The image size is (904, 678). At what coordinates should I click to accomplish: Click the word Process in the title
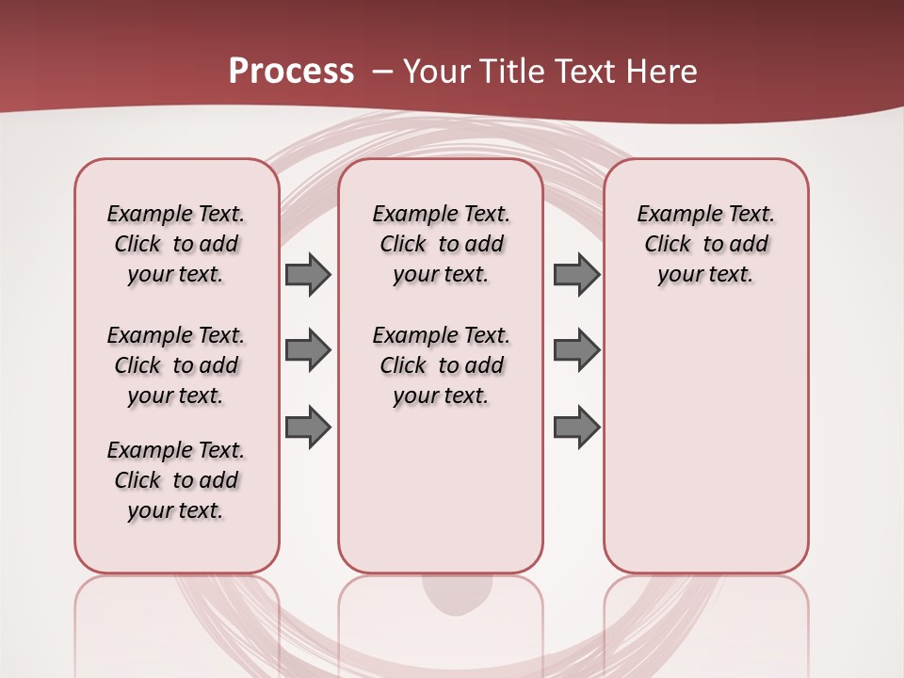pos(291,72)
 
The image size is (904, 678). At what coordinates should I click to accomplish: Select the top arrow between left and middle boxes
pos(308,274)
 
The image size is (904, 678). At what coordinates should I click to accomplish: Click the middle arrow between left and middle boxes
pos(308,350)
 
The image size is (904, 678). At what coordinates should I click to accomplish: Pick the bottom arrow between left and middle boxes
pos(308,427)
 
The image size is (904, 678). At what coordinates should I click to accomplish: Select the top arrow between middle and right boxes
pos(576,274)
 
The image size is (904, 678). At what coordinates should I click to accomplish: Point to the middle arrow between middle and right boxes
pos(576,350)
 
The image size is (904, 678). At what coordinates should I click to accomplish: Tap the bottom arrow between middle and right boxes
pos(576,427)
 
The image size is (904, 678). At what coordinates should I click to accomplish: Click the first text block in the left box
pos(176,244)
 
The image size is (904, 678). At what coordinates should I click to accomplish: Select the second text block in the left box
pos(176,365)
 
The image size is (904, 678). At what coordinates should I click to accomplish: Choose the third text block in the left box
pos(176,480)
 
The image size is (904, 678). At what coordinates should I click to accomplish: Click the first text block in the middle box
pos(441,244)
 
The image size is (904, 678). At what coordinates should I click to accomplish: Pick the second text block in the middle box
pos(441,365)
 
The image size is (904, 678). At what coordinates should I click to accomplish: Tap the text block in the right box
pos(705,244)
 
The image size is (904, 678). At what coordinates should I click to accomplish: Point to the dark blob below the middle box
pos(457,592)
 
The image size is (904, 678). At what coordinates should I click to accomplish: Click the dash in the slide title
pos(383,72)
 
